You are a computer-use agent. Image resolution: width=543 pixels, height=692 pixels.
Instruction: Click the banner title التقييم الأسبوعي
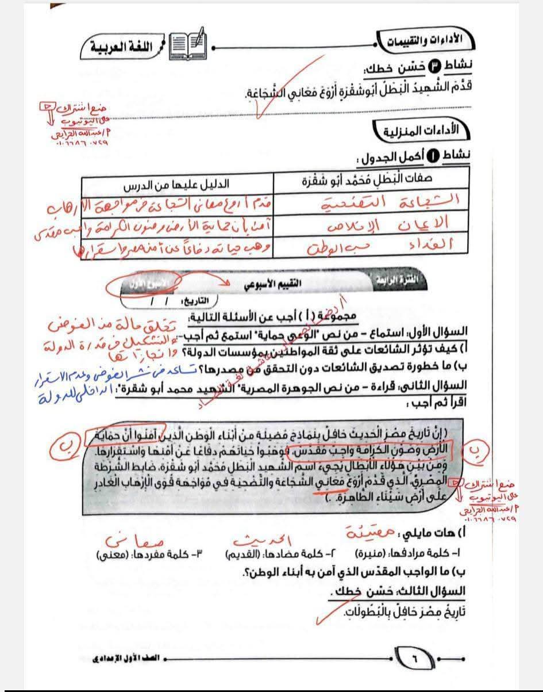coord(283,283)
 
